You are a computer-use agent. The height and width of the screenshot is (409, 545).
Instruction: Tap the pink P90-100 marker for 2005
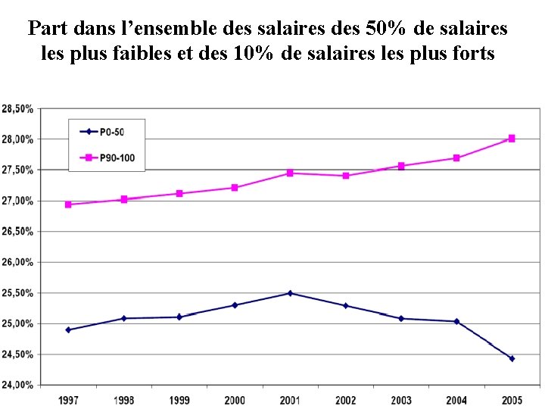coord(512,139)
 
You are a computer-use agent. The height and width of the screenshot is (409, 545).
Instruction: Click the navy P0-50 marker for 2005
coord(512,358)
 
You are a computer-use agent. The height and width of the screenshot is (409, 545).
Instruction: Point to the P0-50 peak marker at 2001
coord(290,293)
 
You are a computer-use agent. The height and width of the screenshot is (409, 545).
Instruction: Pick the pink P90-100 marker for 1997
coord(68,204)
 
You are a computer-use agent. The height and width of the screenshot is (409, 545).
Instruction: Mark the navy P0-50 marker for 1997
coord(68,330)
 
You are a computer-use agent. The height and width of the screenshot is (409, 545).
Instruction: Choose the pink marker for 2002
coord(346,176)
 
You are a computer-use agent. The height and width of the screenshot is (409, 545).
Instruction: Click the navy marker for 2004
coord(456,321)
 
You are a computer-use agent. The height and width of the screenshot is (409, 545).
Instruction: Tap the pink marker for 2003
coord(401,166)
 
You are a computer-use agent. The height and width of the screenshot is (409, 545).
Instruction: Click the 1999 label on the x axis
coord(179,399)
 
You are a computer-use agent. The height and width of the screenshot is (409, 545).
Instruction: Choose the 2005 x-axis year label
coord(512,399)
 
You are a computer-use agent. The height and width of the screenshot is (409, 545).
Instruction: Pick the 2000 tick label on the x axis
coord(235,399)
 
